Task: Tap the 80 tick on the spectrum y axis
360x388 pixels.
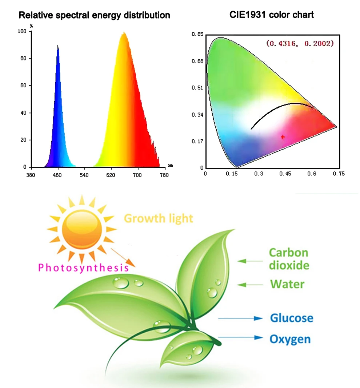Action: (x=24, y=59)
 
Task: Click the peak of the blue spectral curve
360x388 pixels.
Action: (x=57, y=45)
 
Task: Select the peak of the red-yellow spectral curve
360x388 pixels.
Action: (x=124, y=33)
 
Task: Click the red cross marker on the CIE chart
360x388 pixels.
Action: (x=283, y=137)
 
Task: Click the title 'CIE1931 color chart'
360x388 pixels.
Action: (x=272, y=15)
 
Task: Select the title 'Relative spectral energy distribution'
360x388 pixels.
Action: (x=95, y=15)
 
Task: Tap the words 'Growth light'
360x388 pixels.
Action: (x=159, y=218)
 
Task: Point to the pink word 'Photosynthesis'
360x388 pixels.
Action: (x=83, y=268)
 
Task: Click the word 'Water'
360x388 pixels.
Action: (x=287, y=284)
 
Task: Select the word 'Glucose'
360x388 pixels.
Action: (x=291, y=318)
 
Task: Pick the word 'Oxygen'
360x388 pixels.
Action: (x=290, y=340)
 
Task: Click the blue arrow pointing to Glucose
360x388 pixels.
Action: (x=240, y=318)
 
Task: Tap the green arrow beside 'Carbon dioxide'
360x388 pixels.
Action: (x=250, y=261)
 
